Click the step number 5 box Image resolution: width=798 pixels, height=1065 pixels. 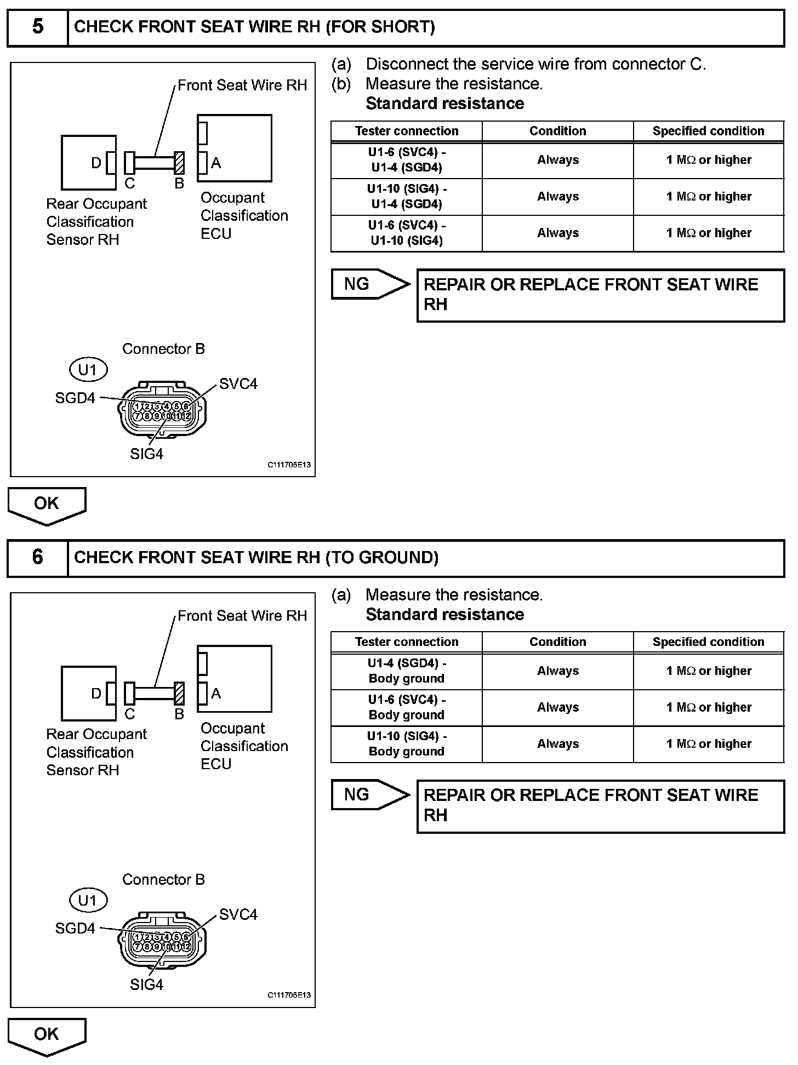tap(37, 27)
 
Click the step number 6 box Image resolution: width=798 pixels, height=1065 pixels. tap(37, 557)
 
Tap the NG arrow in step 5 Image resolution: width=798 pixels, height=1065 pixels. tap(370, 284)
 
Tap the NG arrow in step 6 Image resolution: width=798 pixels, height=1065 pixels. tap(370, 794)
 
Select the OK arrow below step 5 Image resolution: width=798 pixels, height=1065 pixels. tap(47, 505)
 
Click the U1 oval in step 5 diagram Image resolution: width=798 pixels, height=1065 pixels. tap(88, 370)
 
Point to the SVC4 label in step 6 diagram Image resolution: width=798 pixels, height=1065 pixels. tap(238, 914)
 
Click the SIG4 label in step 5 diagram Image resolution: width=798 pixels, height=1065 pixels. tap(146, 454)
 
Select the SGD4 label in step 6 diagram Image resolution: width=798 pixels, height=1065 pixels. tap(75, 929)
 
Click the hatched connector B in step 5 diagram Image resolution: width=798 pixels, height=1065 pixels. tap(179, 163)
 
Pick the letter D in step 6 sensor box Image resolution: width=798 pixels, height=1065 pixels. tap(96, 694)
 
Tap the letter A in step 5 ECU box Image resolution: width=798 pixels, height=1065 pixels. tap(216, 163)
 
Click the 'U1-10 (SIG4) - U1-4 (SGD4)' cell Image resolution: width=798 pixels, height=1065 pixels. tap(407, 197)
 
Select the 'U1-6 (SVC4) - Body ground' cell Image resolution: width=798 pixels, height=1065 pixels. tap(407, 707)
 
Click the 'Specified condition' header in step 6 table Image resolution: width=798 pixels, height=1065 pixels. tap(708, 642)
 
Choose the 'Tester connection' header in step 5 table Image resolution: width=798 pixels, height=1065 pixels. tap(407, 131)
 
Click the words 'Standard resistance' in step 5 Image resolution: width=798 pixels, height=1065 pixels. tap(444, 104)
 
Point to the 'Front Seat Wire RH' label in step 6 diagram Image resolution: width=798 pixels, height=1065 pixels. tap(242, 616)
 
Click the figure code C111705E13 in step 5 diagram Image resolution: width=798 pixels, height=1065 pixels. tap(289, 465)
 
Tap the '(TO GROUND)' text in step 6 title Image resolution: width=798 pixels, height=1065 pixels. tap(382, 558)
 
